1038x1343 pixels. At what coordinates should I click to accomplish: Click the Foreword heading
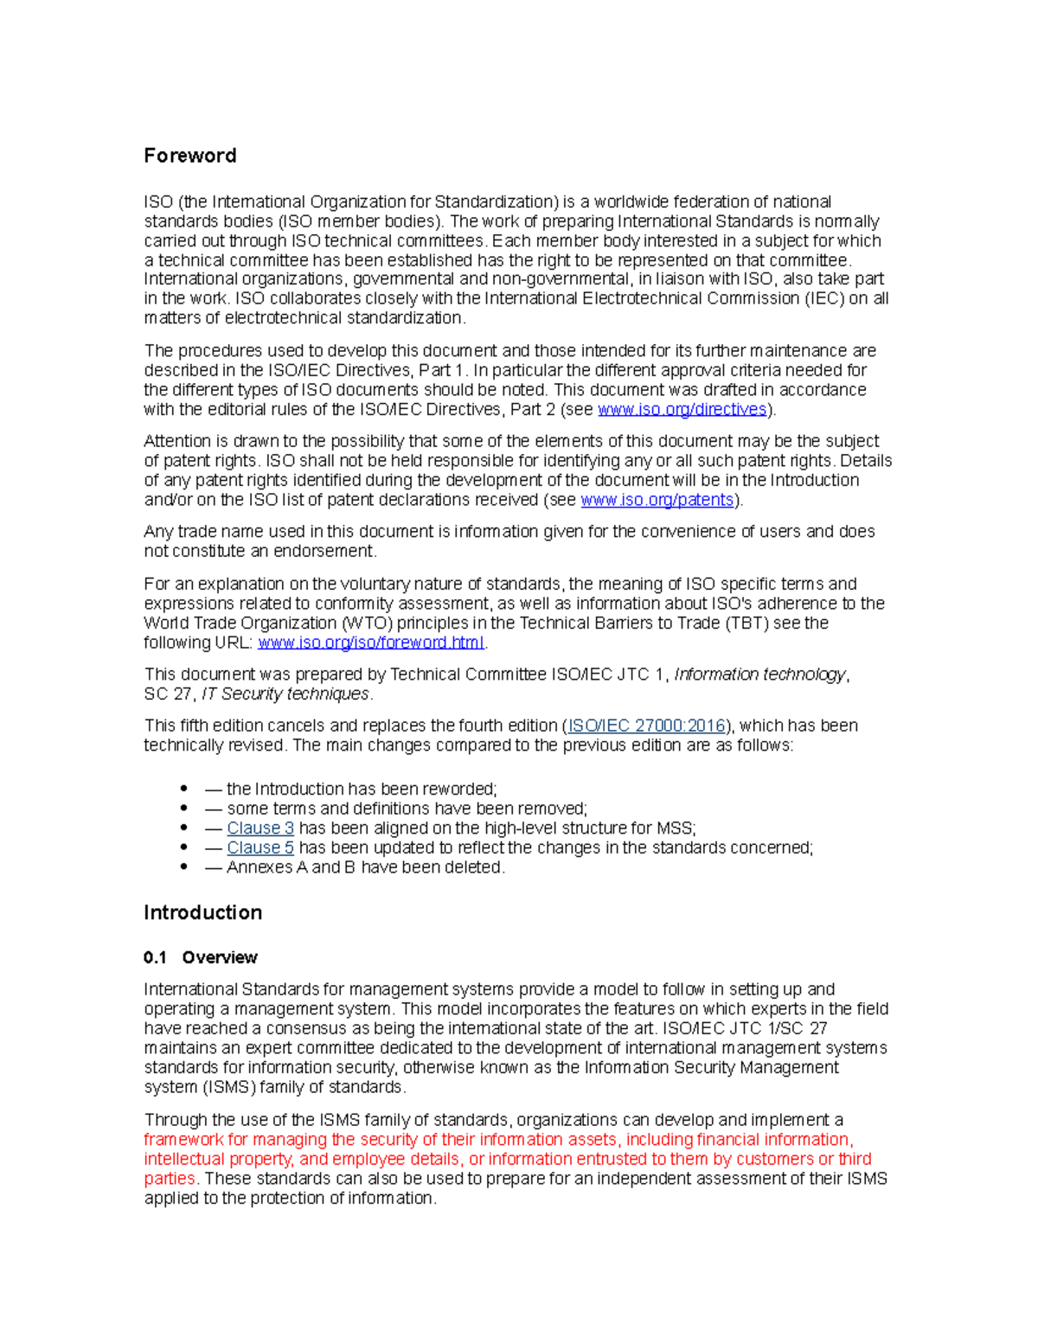(189, 156)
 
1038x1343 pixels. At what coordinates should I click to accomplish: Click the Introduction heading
(202, 912)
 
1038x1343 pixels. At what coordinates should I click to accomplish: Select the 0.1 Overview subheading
(201, 957)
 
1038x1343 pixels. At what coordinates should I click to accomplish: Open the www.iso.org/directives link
(682, 409)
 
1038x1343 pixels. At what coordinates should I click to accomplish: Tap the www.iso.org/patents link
(657, 500)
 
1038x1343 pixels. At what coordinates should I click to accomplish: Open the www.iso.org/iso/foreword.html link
(370, 643)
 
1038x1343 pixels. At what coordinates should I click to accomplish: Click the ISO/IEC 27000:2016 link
(645, 726)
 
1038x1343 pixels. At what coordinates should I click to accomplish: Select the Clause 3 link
(259, 828)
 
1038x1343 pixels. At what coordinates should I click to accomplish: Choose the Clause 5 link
(259, 847)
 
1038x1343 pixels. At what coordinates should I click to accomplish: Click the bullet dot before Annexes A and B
(183, 867)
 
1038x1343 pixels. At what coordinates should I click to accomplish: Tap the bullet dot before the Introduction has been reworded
(183, 789)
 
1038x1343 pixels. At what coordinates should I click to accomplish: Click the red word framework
(183, 1140)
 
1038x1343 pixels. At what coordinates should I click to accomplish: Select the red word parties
(170, 1179)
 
